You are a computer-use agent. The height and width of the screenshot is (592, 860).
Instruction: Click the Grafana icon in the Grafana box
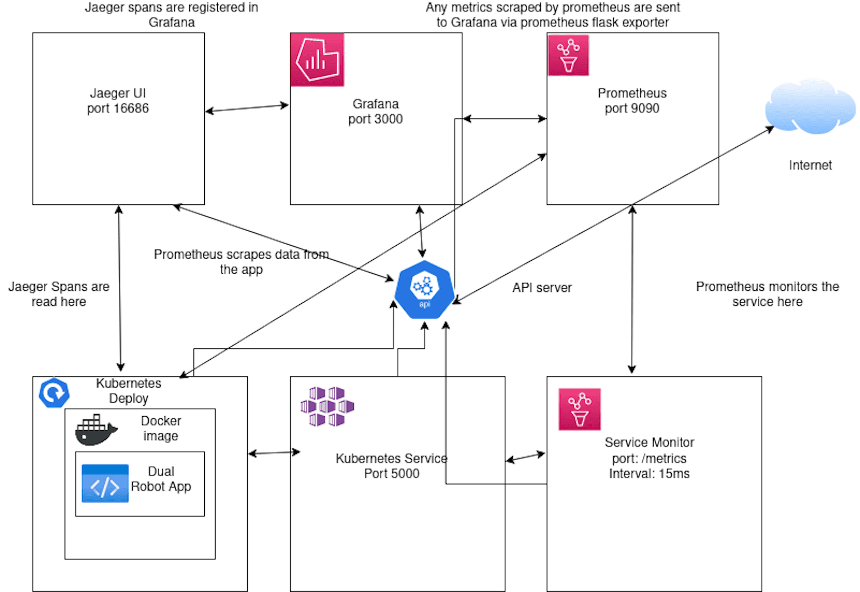click(317, 59)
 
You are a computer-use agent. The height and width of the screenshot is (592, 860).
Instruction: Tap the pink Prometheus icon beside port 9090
click(568, 55)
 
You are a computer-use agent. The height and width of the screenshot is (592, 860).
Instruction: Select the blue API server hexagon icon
click(424, 290)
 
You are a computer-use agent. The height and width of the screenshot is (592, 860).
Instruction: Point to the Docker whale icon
click(96, 430)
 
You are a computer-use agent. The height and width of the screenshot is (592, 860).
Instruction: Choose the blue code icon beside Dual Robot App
click(105, 483)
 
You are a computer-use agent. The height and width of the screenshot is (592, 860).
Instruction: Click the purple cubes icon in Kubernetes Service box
click(327, 406)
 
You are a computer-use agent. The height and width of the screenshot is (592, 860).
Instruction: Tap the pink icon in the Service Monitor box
click(579, 409)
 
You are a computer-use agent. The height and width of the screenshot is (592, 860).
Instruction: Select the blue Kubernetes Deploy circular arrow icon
click(54, 393)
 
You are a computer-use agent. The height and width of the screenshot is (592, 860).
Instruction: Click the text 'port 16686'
click(118, 109)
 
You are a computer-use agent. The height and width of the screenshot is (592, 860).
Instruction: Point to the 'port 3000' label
click(375, 119)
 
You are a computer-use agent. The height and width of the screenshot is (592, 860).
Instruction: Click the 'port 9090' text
click(632, 109)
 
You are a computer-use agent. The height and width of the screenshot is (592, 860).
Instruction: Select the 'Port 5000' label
click(391, 474)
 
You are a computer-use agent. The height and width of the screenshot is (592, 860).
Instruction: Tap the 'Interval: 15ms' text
click(649, 474)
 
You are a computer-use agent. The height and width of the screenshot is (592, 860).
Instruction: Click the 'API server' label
click(542, 288)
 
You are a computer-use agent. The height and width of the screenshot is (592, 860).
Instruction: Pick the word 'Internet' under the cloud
click(810, 166)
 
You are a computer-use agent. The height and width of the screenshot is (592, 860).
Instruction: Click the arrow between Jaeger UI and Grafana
click(247, 108)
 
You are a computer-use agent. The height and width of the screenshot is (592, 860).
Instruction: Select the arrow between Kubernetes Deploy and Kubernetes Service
click(274, 453)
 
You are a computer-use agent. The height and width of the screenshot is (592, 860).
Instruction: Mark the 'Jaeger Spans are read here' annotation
click(59, 294)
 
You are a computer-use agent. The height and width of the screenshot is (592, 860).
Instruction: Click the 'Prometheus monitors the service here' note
click(767, 294)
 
